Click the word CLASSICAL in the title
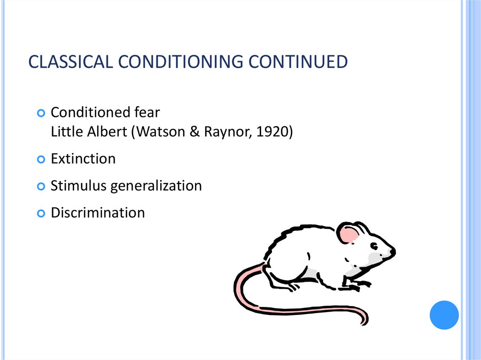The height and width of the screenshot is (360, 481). (69, 62)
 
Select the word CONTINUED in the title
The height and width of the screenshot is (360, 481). (288, 62)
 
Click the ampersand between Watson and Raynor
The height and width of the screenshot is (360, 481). (194, 132)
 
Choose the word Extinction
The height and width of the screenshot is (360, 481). (83, 159)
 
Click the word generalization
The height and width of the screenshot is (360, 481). (156, 186)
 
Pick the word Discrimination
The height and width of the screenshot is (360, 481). (98, 213)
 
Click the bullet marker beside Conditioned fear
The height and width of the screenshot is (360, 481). (41, 113)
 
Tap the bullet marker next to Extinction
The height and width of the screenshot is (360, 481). (41, 159)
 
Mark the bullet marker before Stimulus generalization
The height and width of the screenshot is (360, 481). (41, 186)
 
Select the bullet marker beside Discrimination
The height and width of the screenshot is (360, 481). (41, 213)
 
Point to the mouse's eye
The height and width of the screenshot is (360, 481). (374, 246)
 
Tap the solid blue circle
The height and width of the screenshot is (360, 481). (444, 315)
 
